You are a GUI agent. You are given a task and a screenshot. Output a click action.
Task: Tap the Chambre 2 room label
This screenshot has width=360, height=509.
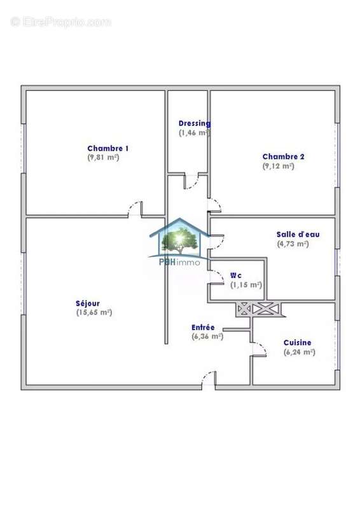tap(284, 157)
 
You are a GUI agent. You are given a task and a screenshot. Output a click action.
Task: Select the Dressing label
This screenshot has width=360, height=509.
tap(194, 123)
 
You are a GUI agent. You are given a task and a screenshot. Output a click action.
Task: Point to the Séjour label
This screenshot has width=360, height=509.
tap(88, 303)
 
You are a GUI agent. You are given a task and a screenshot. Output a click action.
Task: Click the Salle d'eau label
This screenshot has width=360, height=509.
tap(298, 234)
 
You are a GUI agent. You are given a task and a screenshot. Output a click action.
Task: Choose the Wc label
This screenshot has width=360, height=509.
tap(236, 275)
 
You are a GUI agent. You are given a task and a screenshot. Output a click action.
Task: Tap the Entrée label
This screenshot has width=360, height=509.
tap(203, 327)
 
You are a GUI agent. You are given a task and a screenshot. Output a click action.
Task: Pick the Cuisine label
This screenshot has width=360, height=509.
tap(297, 342)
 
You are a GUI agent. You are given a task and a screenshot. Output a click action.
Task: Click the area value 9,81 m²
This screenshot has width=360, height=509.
tap(104, 157)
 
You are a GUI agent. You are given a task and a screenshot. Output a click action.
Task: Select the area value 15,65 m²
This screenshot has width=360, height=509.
tap(94, 312)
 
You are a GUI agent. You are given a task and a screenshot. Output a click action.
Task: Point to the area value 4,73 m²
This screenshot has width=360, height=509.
tap(293, 243)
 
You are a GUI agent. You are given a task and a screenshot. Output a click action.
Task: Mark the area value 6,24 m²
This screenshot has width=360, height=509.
tap(300, 352)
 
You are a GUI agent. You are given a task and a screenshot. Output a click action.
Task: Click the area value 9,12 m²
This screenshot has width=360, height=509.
tap(279, 166)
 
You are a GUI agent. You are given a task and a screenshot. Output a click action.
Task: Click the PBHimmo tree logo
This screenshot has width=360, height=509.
tap(179, 239)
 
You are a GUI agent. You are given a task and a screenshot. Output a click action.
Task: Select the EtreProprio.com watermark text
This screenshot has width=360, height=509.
tap(61, 22)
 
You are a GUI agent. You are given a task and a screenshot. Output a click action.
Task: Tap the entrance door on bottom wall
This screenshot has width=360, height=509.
tap(208, 379)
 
